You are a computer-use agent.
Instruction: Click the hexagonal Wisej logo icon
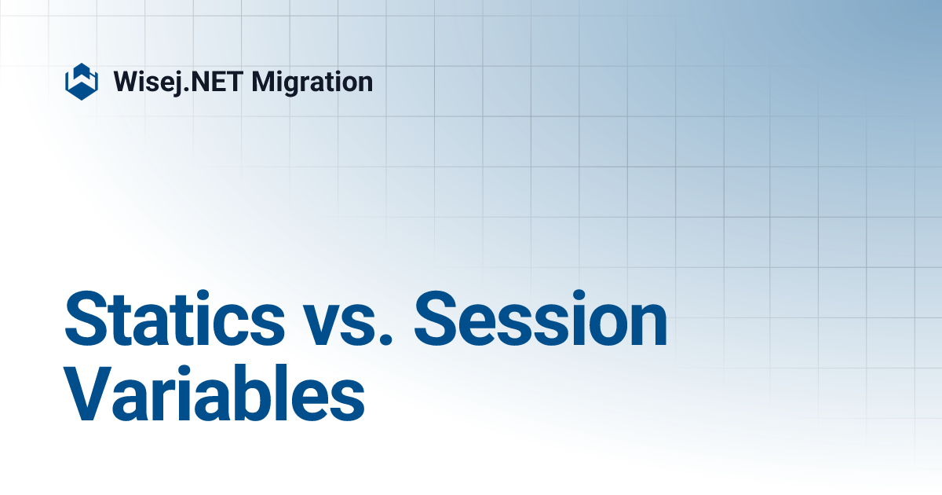click(81, 81)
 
